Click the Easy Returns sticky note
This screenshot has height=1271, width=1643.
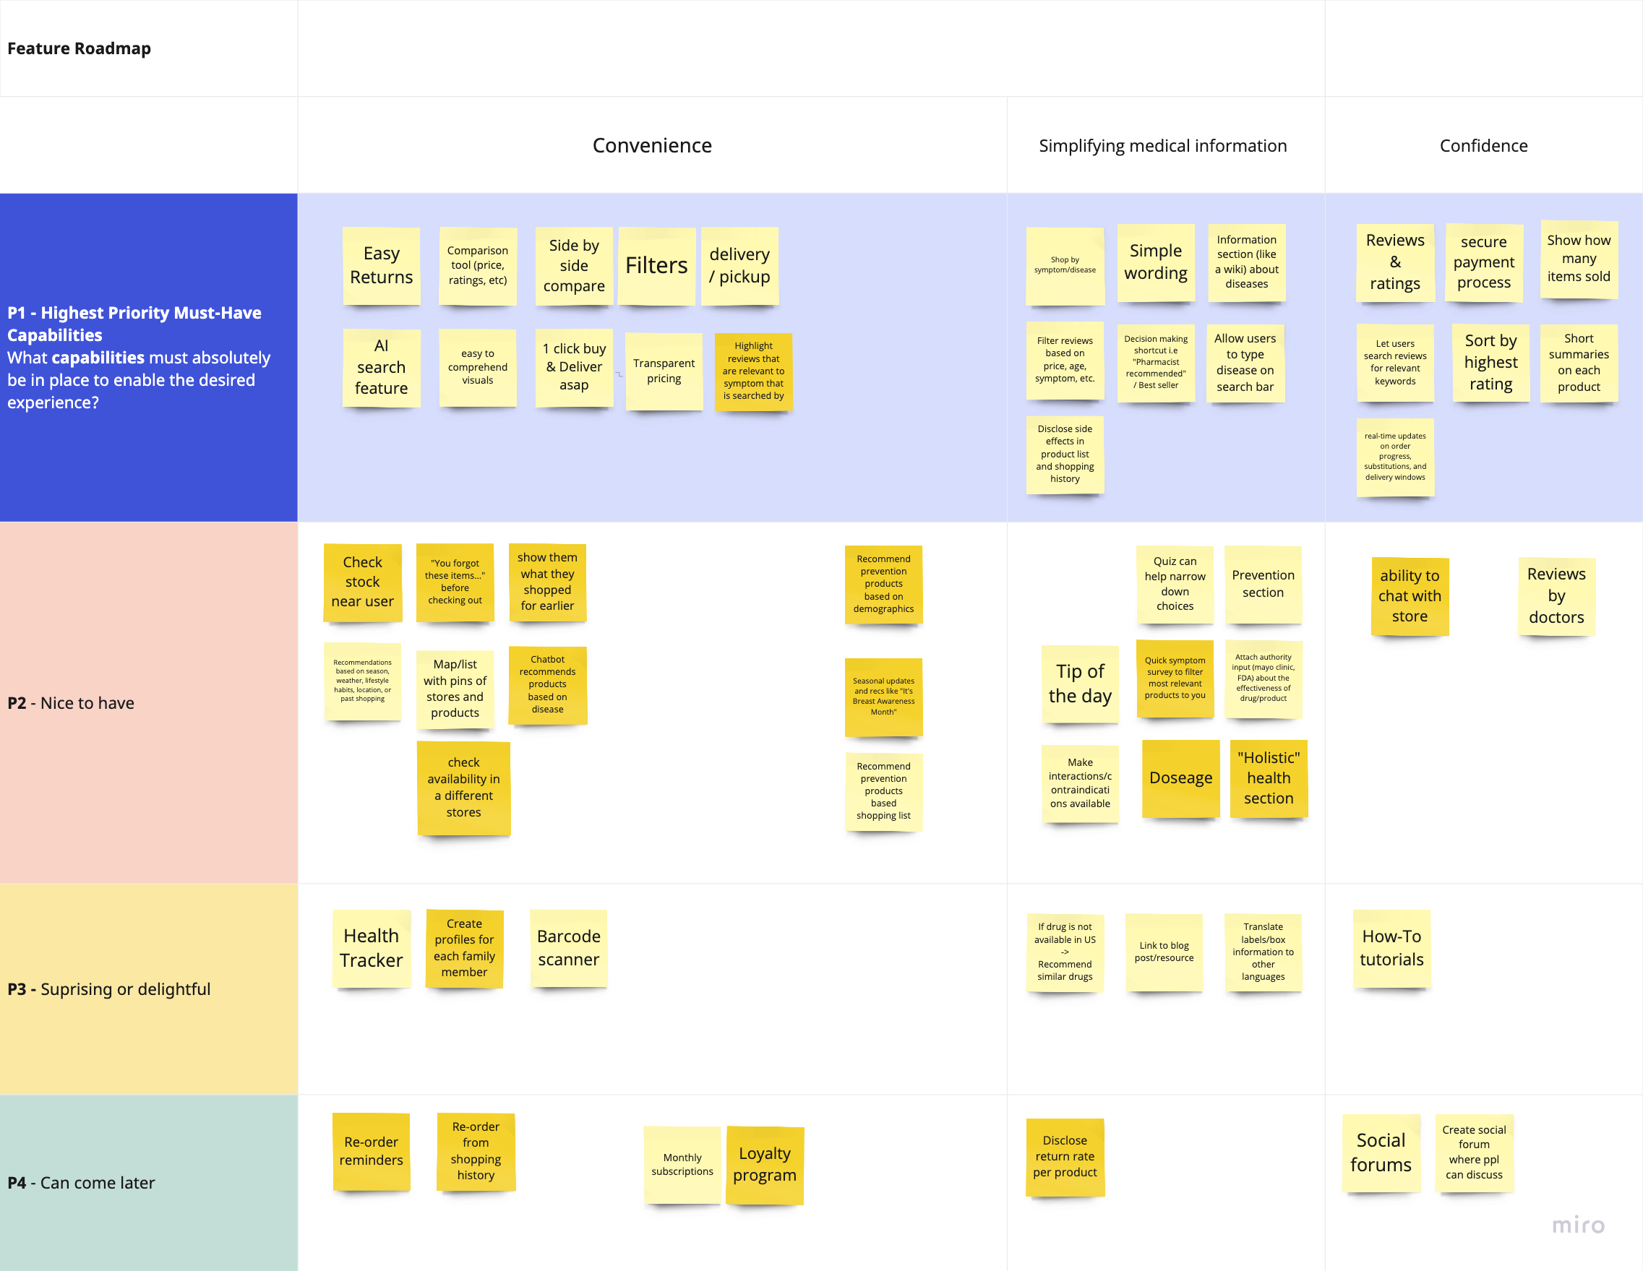(381, 265)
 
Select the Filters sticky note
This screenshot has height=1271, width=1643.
(656, 265)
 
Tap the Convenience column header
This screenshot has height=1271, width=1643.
(651, 145)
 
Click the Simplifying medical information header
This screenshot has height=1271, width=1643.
(1162, 146)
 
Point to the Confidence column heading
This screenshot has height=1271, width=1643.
(1483, 146)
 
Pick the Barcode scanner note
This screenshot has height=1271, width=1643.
(568, 947)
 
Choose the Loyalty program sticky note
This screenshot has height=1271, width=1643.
(764, 1164)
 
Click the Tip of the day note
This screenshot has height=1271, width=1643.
(1079, 683)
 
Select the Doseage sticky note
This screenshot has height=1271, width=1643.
(1180, 777)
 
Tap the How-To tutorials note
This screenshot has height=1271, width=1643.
(1391, 947)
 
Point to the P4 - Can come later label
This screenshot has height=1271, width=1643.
(81, 1182)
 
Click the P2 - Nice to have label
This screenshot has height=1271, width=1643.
(71, 703)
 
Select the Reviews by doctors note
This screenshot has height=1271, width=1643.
(1556, 595)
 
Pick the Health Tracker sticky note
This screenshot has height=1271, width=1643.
(371, 947)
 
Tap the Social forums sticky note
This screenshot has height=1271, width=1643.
(1381, 1152)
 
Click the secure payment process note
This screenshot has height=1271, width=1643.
(1483, 262)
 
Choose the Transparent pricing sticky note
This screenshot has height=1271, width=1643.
(664, 371)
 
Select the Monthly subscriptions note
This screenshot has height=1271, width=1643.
(682, 1164)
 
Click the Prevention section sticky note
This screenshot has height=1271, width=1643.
(1262, 584)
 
